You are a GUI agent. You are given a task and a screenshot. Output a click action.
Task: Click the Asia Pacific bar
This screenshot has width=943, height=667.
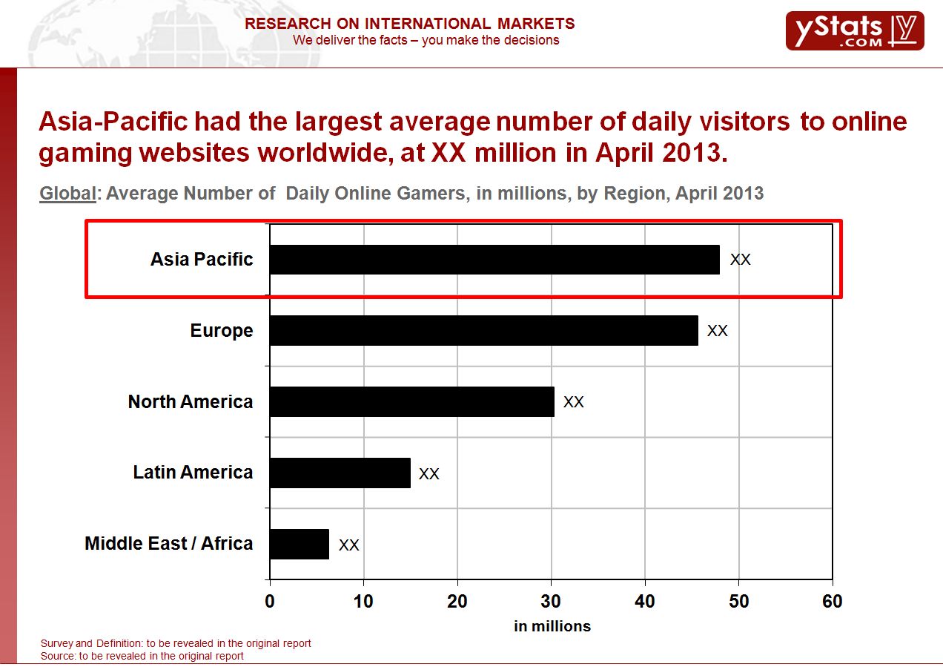[x=494, y=260]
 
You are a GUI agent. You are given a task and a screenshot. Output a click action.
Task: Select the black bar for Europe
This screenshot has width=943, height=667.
[x=483, y=330]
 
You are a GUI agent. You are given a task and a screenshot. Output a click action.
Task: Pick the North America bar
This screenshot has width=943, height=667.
[x=411, y=401]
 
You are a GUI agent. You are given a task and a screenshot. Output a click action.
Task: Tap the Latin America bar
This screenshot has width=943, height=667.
[x=340, y=473]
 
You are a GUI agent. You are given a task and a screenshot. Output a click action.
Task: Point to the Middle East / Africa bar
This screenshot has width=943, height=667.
[x=299, y=544]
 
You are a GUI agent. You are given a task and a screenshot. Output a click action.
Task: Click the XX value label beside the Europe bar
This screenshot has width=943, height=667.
[x=717, y=331]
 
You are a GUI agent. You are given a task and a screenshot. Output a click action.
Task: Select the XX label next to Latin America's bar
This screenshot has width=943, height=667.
[x=429, y=473]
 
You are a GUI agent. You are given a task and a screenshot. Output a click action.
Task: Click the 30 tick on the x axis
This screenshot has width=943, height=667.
[x=551, y=602]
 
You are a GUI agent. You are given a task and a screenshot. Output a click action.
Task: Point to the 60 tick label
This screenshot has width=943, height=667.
[x=832, y=602]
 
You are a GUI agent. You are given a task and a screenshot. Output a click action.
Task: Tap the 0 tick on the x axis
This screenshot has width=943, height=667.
[x=270, y=602]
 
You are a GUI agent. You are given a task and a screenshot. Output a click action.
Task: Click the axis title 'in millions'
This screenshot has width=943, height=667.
[x=552, y=626]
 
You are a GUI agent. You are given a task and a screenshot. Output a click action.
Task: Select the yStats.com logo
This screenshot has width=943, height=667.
[x=854, y=31]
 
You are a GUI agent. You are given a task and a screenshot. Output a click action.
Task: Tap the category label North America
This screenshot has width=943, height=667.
[x=191, y=401]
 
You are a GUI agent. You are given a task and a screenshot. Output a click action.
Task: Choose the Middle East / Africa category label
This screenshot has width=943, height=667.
[x=168, y=544]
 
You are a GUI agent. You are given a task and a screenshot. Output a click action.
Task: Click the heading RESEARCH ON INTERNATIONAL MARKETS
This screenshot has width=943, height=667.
[x=409, y=24]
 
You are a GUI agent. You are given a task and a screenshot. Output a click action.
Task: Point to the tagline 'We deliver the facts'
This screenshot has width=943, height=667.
[x=426, y=40]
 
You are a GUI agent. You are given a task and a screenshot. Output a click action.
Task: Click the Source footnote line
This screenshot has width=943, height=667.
[x=142, y=656]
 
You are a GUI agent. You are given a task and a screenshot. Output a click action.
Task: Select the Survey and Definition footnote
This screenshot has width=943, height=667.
[x=176, y=643]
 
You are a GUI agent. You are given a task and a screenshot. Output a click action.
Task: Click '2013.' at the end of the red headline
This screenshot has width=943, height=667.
[x=687, y=153]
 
